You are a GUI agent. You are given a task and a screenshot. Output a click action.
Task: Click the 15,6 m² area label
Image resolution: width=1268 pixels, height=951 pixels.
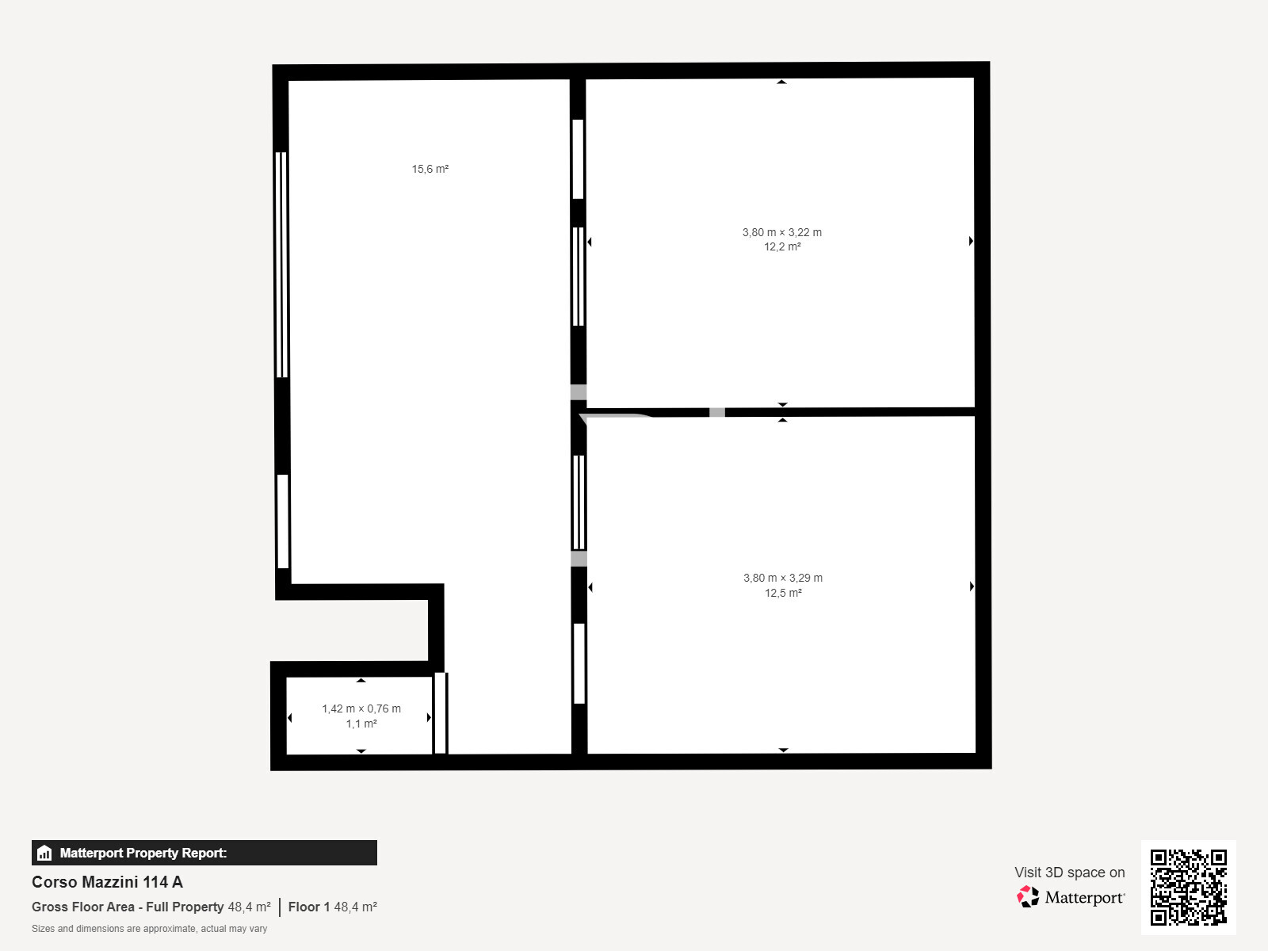tap(430, 169)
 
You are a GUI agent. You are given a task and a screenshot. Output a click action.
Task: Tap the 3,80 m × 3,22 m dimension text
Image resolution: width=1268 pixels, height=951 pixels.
tap(781, 232)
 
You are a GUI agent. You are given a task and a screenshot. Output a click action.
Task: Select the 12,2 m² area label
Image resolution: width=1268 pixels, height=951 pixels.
tap(782, 247)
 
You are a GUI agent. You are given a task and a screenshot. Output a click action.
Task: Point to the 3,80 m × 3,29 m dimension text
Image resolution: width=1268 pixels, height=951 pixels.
tap(783, 578)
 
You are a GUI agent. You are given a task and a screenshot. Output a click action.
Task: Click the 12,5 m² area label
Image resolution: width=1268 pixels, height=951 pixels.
tap(783, 593)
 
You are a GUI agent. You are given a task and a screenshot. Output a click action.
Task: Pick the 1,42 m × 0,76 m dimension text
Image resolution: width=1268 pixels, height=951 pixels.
tap(361, 708)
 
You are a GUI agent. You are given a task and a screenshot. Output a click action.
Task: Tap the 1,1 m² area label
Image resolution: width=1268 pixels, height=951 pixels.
tap(361, 724)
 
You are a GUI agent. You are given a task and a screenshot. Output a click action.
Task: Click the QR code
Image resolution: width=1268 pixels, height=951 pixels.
tap(1188, 887)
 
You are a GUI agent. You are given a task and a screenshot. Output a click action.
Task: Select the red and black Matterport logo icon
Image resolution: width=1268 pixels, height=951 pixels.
tap(1028, 897)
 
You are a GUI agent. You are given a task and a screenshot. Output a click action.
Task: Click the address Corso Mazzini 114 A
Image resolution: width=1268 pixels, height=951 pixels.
tap(107, 882)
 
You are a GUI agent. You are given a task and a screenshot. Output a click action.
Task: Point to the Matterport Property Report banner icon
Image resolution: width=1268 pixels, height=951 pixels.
tap(44, 853)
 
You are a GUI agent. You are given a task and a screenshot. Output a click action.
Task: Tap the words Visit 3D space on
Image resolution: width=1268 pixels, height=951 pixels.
tap(1069, 872)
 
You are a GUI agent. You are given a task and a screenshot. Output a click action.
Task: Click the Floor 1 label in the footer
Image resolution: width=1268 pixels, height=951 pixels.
tap(308, 907)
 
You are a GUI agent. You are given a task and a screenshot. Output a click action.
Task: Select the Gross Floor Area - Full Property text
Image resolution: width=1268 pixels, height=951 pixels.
tap(127, 907)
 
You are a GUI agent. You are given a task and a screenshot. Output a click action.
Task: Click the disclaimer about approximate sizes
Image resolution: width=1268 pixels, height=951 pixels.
tap(149, 929)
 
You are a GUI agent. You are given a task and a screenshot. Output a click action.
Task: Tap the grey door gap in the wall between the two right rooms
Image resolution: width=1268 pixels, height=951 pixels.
tap(717, 412)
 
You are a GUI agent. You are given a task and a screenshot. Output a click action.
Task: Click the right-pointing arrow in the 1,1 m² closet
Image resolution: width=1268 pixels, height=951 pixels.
tap(429, 717)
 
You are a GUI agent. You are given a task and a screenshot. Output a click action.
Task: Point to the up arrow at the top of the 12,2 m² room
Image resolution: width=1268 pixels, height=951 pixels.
tap(781, 82)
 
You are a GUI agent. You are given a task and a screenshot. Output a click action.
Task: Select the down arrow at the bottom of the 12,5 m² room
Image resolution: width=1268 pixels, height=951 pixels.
tap(783, 750)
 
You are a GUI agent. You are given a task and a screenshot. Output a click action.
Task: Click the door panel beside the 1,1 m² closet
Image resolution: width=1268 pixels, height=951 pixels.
tap(441, 713)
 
